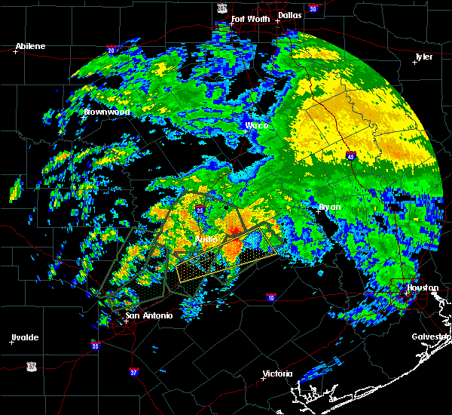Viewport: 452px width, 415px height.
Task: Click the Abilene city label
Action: [x=30, y=46]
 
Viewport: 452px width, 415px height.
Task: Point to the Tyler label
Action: [x=423, y=57]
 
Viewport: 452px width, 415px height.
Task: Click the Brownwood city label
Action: [x=107, y=112]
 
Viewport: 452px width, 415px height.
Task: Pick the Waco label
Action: [x=256, y=125]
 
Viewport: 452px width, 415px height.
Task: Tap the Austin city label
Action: [x=206, y=239]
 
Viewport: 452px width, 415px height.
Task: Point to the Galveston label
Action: [x=431, y=337]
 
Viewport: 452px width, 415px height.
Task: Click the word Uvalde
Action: [x=24, y=337]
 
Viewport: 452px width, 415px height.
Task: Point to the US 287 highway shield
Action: [x=221, y=7]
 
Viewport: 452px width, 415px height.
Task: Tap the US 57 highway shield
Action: [x=31, y=366]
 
